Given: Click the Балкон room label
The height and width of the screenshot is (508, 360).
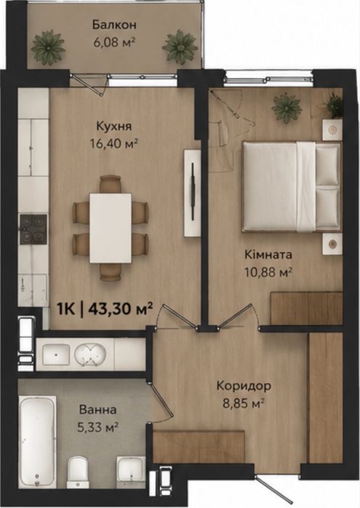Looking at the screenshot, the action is (114, 25).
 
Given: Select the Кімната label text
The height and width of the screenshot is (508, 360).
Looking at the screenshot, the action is (268, 254).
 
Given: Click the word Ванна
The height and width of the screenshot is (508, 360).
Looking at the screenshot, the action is (97, 410).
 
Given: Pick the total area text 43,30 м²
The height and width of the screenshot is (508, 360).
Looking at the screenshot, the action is (120, 309).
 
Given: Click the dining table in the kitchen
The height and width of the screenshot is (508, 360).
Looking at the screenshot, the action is (111, 228).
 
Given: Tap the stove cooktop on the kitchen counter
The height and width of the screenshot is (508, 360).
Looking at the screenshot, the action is (33, 230).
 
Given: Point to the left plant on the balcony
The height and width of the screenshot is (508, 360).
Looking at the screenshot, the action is (49, 46).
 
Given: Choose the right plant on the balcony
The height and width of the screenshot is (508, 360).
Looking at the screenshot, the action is (180, 46).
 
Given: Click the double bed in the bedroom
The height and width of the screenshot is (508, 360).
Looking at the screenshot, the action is (292, 187).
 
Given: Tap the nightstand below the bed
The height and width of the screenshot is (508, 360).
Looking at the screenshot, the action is (332, 243).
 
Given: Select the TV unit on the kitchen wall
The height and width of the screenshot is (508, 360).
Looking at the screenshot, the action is (192, 193).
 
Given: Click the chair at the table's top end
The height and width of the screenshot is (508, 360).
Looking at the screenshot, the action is (111, 184).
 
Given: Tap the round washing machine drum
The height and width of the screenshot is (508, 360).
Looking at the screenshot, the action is (90, 355).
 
